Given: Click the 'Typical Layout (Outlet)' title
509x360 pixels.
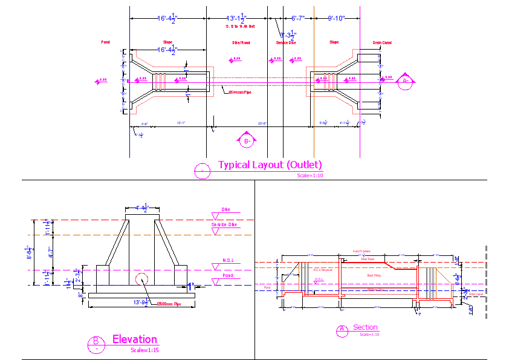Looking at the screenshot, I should click(270, 165).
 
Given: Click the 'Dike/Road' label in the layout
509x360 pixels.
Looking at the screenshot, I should click(241, 43).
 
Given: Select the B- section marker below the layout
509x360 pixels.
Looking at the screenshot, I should click(247, 141).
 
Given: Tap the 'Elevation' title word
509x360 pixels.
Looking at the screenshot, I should click(134, 339).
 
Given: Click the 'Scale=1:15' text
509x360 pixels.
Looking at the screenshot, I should click(144, 350).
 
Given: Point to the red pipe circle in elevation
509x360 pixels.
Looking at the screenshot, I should click(141, 281).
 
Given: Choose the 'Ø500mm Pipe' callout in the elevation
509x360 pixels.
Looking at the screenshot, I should click(170, 304).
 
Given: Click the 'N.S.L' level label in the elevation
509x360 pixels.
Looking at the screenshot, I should click(228, 261).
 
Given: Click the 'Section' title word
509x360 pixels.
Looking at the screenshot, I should click(365, 327).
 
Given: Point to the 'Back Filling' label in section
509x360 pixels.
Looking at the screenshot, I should click(375, 275).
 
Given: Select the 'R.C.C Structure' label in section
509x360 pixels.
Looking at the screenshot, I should click(323, 270).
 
